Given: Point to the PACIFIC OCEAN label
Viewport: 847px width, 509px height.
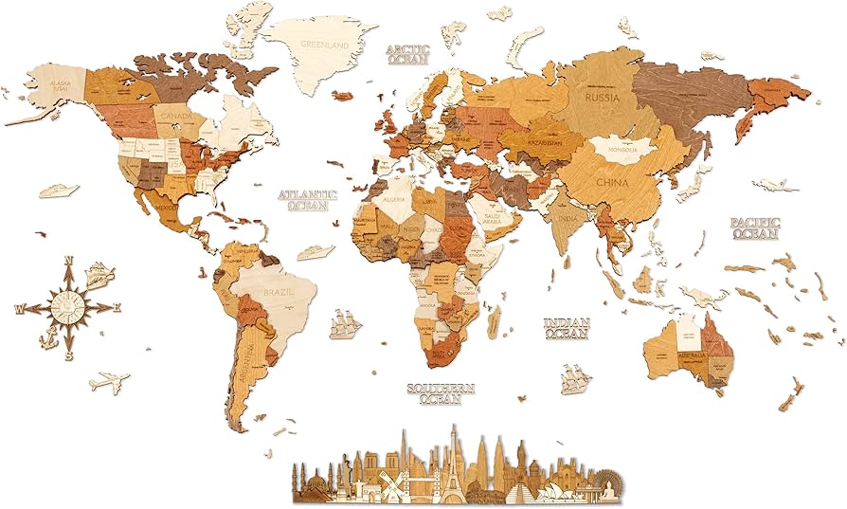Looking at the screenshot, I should tap(754, 227).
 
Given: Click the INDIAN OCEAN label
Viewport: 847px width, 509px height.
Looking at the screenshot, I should tap(567, 328).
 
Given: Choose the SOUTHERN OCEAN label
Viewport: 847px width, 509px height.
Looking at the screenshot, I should tap(441, 393).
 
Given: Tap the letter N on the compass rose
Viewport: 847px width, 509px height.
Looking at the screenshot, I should tap(68, 261).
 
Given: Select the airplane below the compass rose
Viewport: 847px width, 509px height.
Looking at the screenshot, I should tap(109, 383).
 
